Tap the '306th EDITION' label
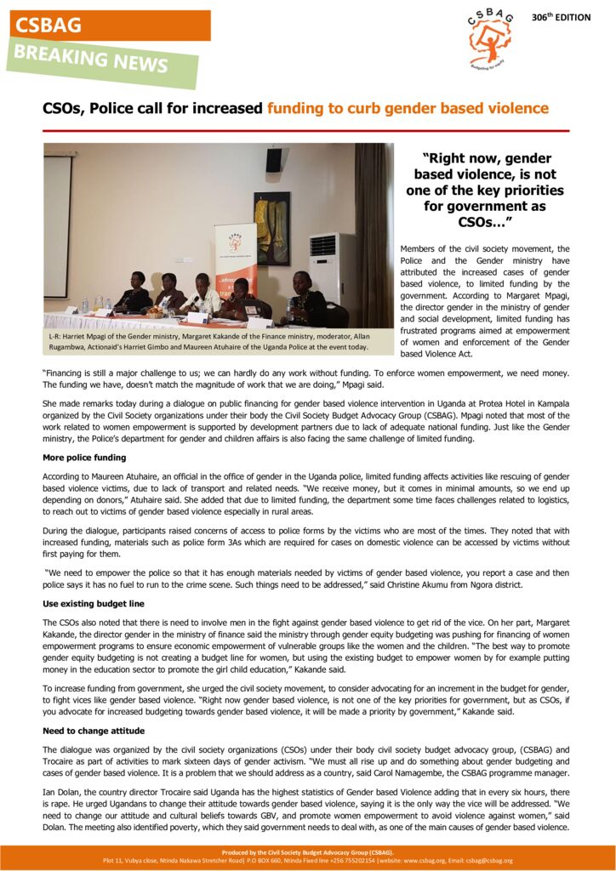coord(561,17)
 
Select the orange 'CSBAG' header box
coord(111,26)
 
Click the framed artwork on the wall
coord(272,228)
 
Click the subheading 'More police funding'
coord(84,457)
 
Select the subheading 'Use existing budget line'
coord(94,603)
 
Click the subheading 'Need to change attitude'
coord(94,731)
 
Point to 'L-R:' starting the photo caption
coord(55,336)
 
